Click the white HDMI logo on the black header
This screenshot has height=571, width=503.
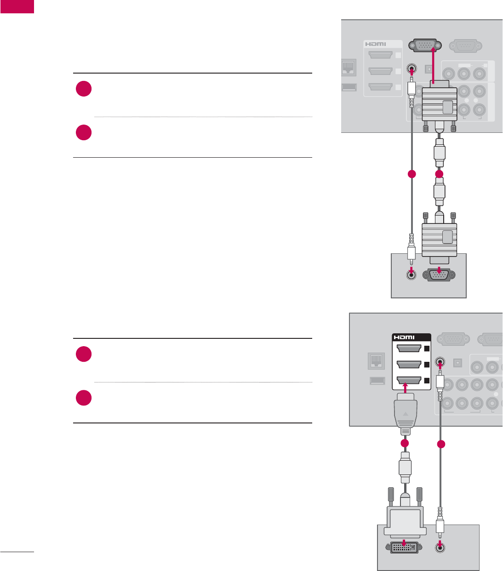[x=404, y=337]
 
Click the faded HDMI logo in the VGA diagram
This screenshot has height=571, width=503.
[x=376, y=44]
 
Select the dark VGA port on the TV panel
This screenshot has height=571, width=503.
[x=425, y=45]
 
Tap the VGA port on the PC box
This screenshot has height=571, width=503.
[x=439, y=275]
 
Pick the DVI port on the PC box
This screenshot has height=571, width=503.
[x=404, y=548]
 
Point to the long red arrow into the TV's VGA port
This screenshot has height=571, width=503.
[x=434, y=64]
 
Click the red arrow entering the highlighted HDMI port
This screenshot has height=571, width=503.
[x=405, y=388]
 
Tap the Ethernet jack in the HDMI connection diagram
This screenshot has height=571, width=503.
[x=376, y=361]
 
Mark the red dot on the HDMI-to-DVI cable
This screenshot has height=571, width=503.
[x=405, y=443]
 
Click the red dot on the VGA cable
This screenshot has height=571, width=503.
[x=440, y=174]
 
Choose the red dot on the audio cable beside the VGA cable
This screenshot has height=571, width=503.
[x=412, y=174]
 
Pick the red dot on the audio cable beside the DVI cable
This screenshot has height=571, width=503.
[x=441, y=444]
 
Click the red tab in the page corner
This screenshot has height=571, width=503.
[x=17, y=6]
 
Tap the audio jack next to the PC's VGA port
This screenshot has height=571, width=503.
[x=411, y=275]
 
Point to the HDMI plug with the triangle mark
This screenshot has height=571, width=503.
[x=405, y=414]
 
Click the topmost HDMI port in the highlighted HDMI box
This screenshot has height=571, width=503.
[x=409, y=348]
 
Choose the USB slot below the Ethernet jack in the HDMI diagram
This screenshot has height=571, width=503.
[x=376, y=381]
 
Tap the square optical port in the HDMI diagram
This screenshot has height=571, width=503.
[x=457, y=362]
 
